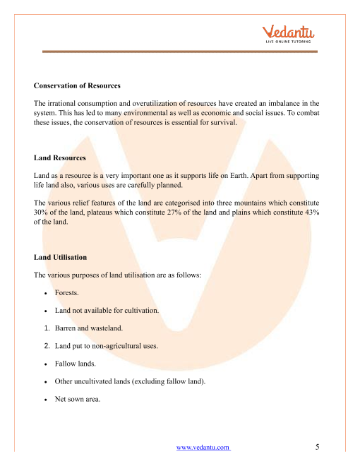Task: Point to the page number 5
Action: (x=318, y=447)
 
